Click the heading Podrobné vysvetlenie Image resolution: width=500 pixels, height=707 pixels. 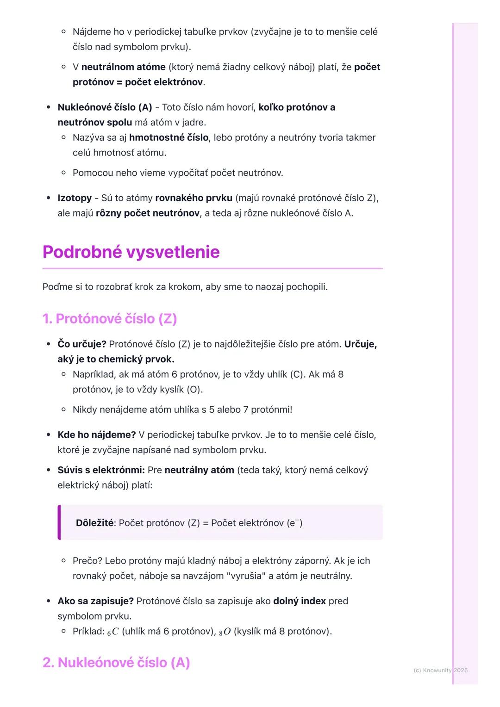131,252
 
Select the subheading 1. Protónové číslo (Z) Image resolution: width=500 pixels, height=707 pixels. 110,319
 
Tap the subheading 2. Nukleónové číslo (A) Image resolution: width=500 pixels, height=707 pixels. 116,663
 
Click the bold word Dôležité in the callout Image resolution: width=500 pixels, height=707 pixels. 94,523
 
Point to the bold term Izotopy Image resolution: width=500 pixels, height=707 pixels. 75,198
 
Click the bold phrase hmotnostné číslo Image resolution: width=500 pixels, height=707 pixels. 169,137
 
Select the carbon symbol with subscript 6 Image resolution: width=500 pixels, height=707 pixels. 113,632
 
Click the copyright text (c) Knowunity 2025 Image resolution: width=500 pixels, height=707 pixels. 440,670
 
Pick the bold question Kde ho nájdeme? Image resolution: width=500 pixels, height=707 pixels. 96,435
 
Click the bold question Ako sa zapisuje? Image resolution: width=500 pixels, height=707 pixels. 95,601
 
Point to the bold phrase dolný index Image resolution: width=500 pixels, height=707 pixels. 299,601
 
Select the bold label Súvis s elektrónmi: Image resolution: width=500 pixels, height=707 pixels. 101,470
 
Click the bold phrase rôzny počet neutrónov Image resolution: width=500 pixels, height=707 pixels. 147,213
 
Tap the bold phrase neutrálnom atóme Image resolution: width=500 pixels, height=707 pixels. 123,67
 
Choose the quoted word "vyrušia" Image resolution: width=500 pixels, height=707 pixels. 241,576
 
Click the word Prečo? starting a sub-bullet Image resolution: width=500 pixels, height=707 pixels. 87,561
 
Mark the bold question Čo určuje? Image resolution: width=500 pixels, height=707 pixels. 81,344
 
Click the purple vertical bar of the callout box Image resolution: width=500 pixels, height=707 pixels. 59,522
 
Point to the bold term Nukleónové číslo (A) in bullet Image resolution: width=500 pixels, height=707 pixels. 105,107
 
